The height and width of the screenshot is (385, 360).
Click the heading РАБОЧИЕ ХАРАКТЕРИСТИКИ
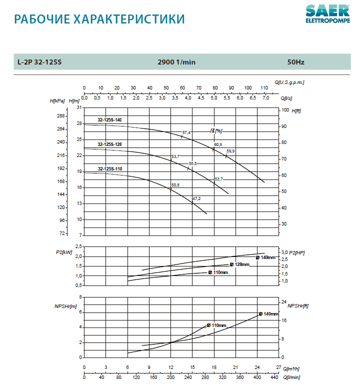tap(99, 19)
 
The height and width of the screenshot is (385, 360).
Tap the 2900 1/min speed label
tap(176, 62)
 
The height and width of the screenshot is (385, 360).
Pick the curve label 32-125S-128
tap(109, 144)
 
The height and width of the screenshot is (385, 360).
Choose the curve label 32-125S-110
tap(109, 169)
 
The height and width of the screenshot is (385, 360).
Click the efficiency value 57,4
tap(186, 132)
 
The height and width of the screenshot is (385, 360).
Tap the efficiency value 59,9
tap(230, 151)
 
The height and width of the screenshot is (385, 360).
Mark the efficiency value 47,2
tap(196, 198)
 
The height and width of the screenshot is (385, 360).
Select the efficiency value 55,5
tap(192, 163)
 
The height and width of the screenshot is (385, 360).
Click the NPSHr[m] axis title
tap(65, 305)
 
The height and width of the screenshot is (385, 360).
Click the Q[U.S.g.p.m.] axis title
tap(289, 81)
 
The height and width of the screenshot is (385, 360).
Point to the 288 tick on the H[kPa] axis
tap(62, 116)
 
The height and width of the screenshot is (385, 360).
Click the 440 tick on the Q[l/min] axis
tap(274, 377)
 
